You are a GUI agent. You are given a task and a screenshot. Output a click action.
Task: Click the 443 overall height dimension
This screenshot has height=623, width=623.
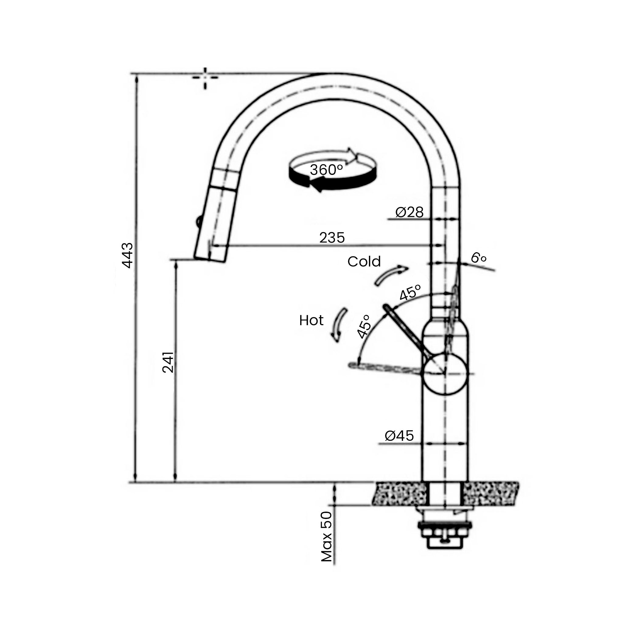click(127, 256)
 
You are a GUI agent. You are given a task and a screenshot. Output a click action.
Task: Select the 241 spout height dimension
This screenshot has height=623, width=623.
click(168, 362)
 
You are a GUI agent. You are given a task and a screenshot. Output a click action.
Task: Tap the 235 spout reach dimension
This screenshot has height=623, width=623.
click(332, 238)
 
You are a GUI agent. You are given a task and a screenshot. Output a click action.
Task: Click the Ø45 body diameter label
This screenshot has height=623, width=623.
click(399, 436)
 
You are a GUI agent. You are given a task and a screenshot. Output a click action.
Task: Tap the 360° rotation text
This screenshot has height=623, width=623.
click(326, 170)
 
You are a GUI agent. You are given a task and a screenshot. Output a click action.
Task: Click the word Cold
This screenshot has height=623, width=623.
click(364, 262)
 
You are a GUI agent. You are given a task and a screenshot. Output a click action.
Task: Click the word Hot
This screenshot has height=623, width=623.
click(311, 321)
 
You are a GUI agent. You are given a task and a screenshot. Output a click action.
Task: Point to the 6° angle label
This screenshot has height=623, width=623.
click(479, 258)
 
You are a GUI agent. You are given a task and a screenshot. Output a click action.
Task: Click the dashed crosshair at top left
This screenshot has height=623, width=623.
click(205, 78)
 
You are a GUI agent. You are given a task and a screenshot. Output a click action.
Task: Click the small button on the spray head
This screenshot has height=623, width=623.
click(198, 222)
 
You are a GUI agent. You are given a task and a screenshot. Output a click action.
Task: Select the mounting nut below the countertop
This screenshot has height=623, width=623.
click(445, 534)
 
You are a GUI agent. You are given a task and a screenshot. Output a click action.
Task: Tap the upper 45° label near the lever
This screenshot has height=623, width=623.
click(410, 292)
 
